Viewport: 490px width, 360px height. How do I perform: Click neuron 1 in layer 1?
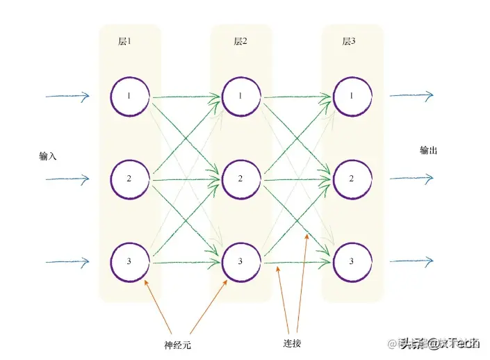pyautogui.click(x=129, y=96)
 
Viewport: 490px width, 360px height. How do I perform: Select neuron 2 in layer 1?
pyautogui.click(x=129, y=179)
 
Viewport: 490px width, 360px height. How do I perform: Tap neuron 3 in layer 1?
pyautogui.click(x=129, y=261)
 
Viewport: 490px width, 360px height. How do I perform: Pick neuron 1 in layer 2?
pyautogui.click(x=240, y=96)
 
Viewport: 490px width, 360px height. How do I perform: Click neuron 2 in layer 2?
pyautogui.click(x=240, y=179)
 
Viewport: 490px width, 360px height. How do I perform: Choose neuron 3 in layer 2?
pyautogui.click(x=240, y=261)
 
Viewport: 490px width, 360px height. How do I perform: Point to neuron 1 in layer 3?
pyautogui.click(x=352, y=96)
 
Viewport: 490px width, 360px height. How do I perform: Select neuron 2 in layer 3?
pyautogui.click(x=352, y=179)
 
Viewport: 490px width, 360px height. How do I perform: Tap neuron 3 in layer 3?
pyautogui.click(x=352, y=261)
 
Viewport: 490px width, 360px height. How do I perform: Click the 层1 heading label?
pyautogui.click(x=124, y=42)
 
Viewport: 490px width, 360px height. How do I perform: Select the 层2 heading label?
pyautogui.click(x=240, y=42)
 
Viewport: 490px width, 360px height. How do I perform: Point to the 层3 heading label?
pyautogui.click(x=349, y=42)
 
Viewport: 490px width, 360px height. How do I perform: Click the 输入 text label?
pyautogui.click(x=48, y=156)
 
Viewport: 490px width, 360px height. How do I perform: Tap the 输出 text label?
pyautogui.click(x=429, y=150)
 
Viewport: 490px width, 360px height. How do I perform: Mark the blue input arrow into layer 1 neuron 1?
pyautogui.click(x=67, y=96)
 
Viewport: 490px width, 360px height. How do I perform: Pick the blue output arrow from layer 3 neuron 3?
pyautogui.click(x=411, y=261)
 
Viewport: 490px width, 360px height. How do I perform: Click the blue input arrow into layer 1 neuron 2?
pyautogui.click(x=67, y=179)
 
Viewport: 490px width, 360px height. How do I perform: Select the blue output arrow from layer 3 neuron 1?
pyautogui.click(x=411, y=95)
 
